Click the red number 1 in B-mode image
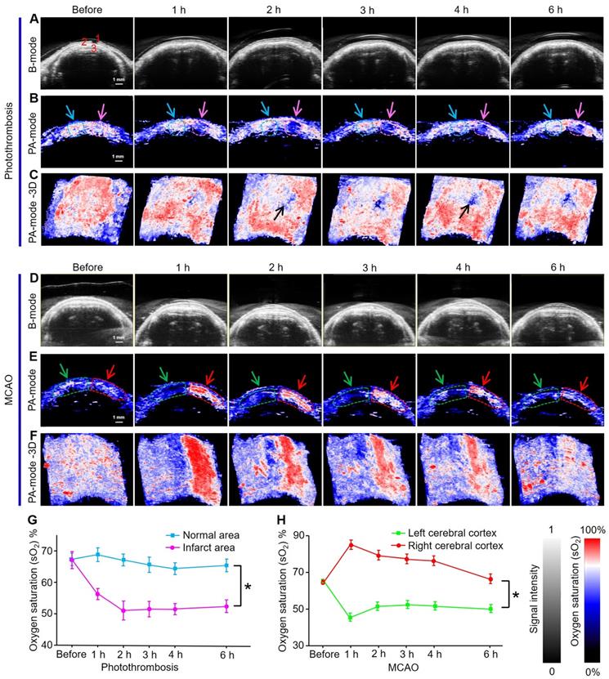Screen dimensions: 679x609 tap(97, 38)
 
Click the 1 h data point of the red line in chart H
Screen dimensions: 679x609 tap(351, 544)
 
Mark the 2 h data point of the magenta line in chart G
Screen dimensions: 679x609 tap(123, 610)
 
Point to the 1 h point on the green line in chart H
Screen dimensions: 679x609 tap(351, 617)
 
